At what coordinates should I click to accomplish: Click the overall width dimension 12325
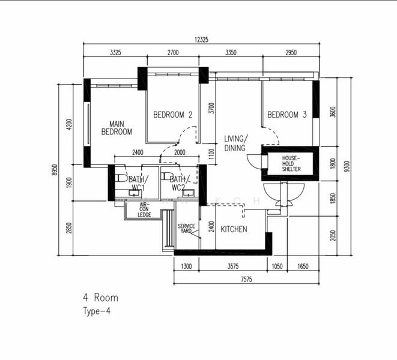point(201,40)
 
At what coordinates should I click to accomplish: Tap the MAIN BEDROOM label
point(117,128)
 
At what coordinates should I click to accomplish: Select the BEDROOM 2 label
point(173,115)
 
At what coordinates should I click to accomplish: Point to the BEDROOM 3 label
point(287,115)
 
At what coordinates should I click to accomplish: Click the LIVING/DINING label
point(236,143)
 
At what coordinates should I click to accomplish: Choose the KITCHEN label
point(234,229)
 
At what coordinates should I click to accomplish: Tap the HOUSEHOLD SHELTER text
point(291,164)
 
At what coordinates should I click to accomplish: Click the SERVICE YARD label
point(186,228)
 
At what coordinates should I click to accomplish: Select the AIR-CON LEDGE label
point(144,210)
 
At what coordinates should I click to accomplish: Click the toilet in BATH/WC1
point(121,178)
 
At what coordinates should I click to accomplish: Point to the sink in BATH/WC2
point(188,193)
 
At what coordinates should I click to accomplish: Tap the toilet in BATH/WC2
point(167,176)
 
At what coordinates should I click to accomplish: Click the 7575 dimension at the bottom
point(246,279)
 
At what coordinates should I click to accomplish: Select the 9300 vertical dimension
point(347,166)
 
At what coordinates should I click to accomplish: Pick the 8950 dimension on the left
point(55,170)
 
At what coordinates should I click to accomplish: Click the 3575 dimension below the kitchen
point(233,266)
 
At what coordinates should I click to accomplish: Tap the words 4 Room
point(100,298)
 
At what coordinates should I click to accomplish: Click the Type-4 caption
point(97,311)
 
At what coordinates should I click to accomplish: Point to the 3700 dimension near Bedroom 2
point(211,108)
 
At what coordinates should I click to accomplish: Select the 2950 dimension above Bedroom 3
point(291,53)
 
